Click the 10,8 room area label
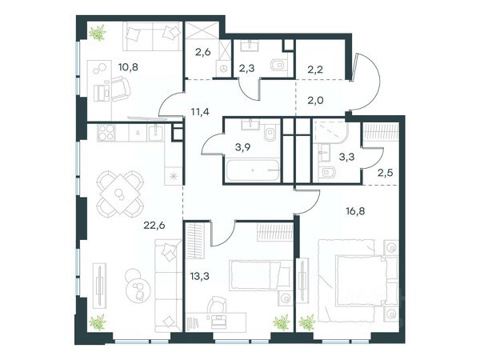[128, 66]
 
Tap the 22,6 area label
[154, 226]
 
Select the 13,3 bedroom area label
[199, 276]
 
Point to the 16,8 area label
[355, 211]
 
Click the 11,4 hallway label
[200, 112]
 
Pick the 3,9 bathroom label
[243, 147]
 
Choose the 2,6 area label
[203, 52]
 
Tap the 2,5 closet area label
[385, 174]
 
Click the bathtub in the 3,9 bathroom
[253, 170]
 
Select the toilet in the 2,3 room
[278, 66]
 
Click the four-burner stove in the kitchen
[106, 132]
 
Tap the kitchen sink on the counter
[156, 132]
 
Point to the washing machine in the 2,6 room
[223, 68]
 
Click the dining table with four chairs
[120, 194]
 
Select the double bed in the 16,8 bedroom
[358, 281]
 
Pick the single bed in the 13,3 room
[260, 275]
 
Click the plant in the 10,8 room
[98, 33]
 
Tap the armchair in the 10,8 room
[120, 89]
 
